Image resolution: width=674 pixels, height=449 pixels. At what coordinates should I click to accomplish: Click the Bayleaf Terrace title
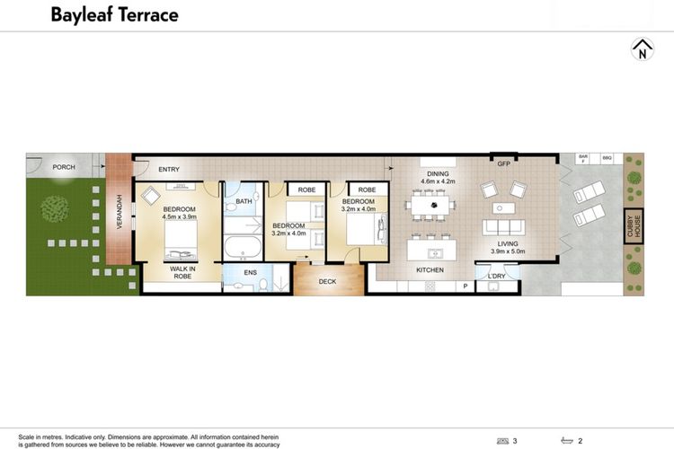pyautogui.click(x=114, y=15)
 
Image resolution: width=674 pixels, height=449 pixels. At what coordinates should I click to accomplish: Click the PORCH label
pyautogui.click(x=64, y=167)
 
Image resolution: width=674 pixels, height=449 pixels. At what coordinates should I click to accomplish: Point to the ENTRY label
pyautogui.click(x=169, y=169)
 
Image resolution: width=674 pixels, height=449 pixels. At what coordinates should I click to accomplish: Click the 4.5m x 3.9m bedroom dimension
pyautogui.click(x=179, y=216)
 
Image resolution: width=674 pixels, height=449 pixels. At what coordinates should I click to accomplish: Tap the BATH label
pyautogui.click(x=244, y=202)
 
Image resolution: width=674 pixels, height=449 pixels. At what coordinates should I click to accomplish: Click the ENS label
pyautogui.click(x=250, y=272)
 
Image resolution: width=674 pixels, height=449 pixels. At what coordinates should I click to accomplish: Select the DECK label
pyautogui.click(x=327, y=281)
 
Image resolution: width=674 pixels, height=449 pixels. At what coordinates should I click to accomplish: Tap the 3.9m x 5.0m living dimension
pyautogui.click(x=507, y=251)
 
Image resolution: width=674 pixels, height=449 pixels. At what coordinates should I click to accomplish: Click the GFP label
pyautogui.click(x=503, y=164)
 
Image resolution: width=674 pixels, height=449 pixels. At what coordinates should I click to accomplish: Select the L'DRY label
pyautogui.click(x=497, y=276)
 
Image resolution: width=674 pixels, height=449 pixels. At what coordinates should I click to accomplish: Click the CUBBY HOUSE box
pyautogui.click(x=634, y=224)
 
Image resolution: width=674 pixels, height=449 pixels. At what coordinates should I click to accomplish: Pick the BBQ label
pyautogui.click(x=607, y=157)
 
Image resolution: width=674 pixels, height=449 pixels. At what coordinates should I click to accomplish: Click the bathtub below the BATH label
pyautogui.click(x=243, y=247)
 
